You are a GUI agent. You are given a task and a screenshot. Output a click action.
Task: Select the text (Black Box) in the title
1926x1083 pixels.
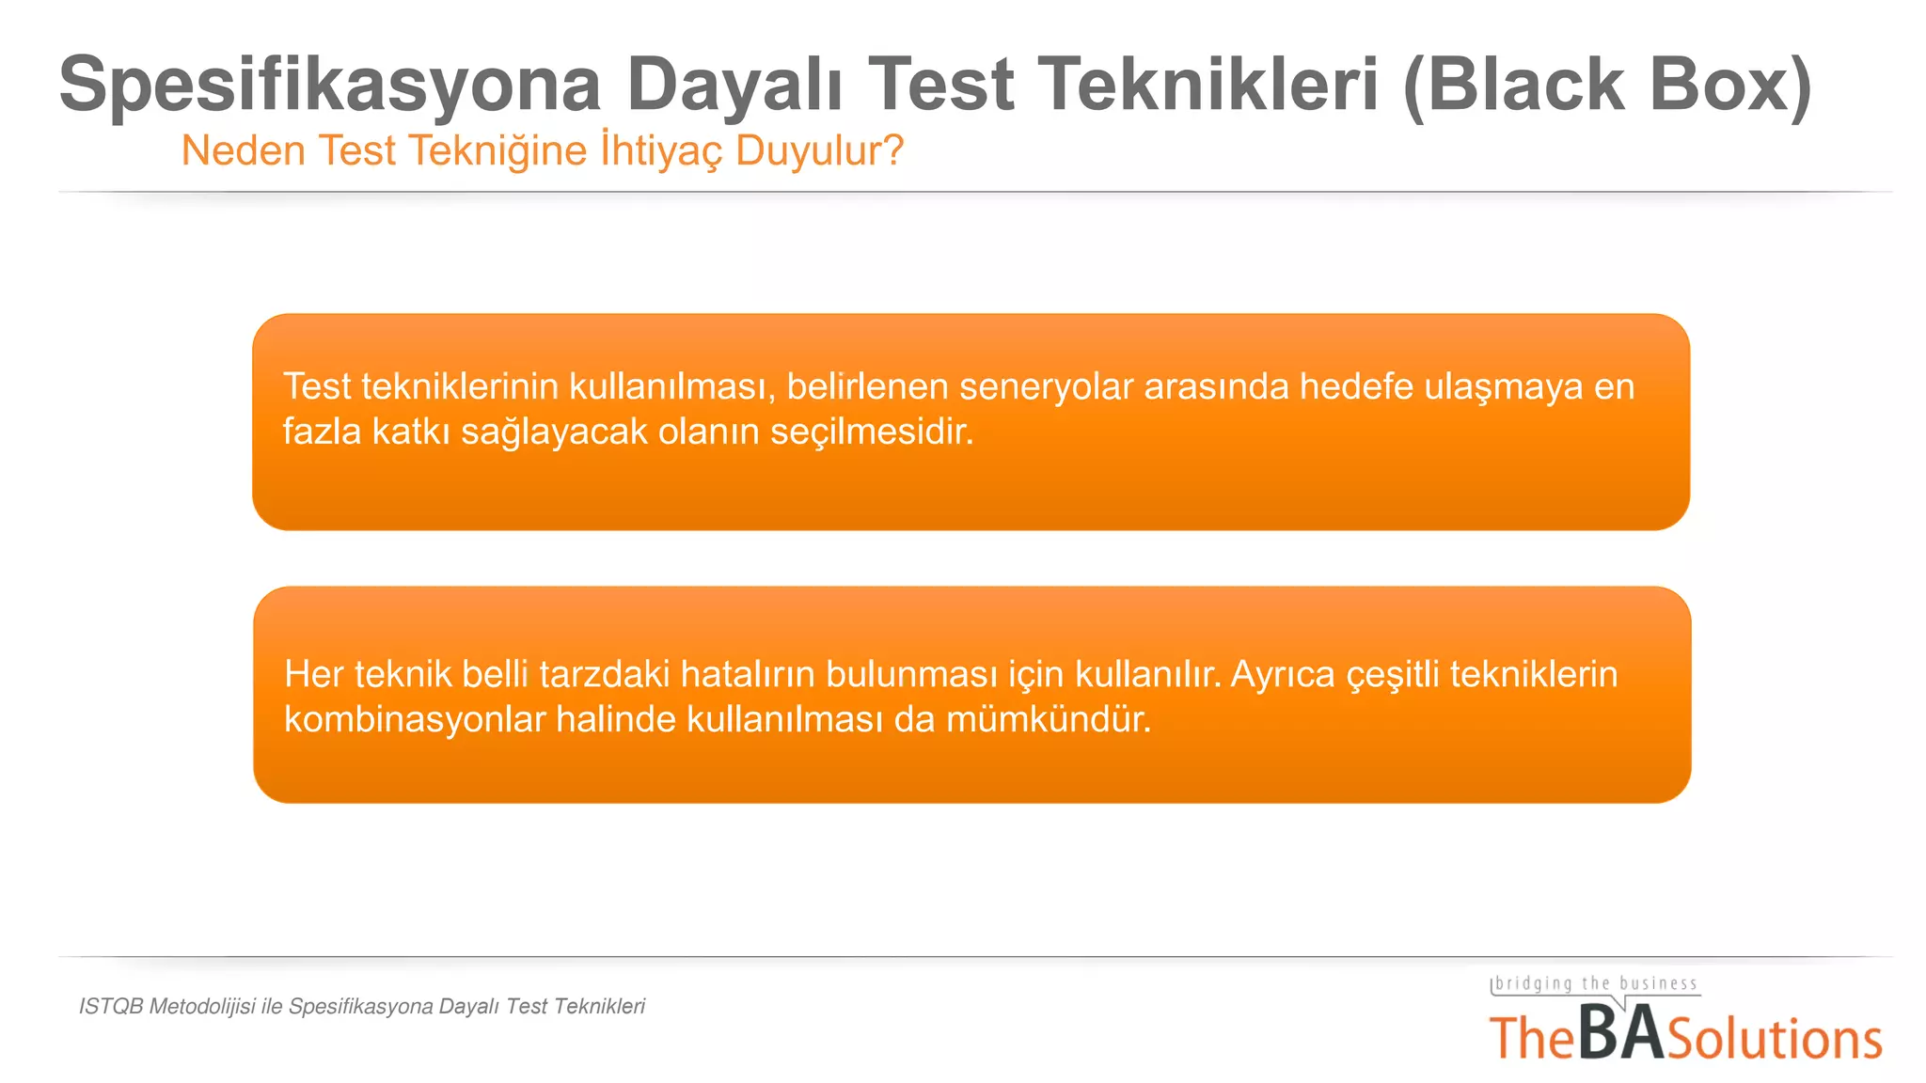1606,85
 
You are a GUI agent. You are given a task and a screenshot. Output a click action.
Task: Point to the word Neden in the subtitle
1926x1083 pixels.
243,150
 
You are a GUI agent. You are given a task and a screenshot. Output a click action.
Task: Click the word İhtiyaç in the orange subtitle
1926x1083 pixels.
662,150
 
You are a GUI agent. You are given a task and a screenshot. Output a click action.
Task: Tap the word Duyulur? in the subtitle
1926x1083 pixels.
819,150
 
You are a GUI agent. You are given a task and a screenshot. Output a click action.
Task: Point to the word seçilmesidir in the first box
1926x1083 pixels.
871,432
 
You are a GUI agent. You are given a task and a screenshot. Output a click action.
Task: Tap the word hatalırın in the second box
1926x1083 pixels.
747,674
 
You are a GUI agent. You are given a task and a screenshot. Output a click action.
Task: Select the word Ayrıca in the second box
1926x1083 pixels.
1283,674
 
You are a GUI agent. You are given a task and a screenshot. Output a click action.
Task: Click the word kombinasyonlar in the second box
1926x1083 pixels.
415,719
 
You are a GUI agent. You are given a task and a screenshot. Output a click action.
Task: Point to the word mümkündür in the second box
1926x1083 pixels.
1048,719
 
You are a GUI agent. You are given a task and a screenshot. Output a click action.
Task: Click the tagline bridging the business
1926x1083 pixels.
1596,983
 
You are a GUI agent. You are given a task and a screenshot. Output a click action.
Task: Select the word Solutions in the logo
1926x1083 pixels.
1775,1040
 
